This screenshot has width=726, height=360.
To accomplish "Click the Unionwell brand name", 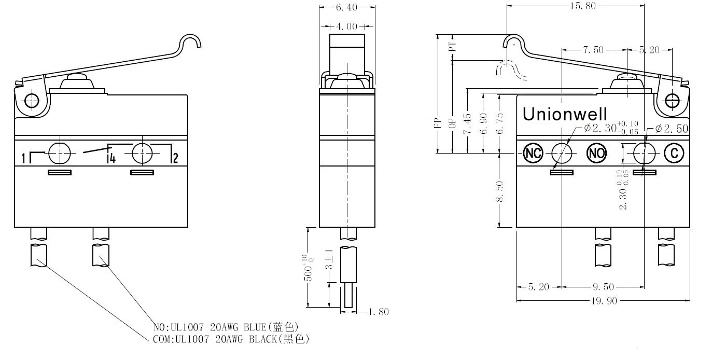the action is click(565, 114).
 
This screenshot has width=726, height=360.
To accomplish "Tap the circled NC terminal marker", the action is click(533, 153).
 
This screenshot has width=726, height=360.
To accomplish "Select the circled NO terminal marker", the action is click(597, 153).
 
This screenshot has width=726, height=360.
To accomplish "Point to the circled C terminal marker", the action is click(674, 153).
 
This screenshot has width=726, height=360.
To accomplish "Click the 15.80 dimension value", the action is click(583, 6).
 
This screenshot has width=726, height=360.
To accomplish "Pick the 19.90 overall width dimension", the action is click(604, 301).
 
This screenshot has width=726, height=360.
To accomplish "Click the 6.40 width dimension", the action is click(346, 7).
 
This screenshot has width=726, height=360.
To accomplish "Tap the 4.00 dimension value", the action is click(346, 26).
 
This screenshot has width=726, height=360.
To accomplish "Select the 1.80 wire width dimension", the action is click(379, 312).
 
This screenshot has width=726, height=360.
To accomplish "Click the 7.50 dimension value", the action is click(593, 50).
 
